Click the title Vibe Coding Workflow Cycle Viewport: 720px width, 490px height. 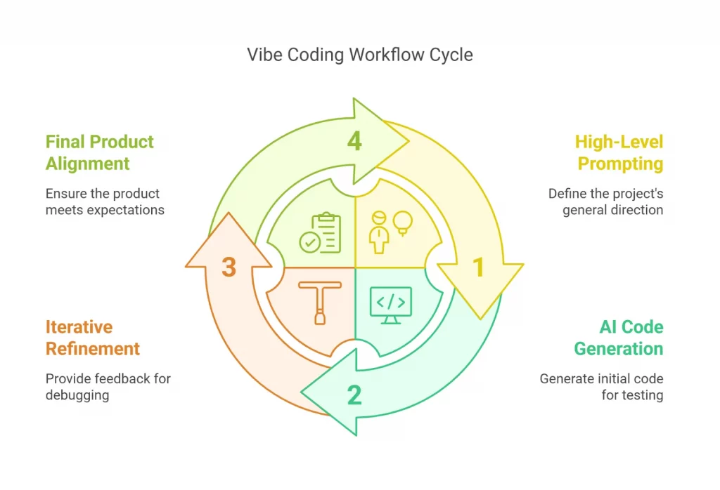pos(359,55)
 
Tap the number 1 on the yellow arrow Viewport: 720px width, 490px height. pos(478,267)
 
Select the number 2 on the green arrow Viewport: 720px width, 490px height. pos(354,395)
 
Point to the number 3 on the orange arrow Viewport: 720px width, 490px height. pos(229,267)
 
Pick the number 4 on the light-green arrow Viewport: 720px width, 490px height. pos(354,141)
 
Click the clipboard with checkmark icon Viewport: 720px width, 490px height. pos(321,233)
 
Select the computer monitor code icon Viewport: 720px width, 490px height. pos(390,303)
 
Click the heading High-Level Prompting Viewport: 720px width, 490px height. pos(619,152)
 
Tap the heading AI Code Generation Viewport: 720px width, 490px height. pos(619,338)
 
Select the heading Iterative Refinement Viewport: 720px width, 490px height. pos(92,338)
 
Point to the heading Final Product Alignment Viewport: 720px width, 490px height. pos(99,152)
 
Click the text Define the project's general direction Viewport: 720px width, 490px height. pos(605,201)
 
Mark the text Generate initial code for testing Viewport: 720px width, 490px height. pos(601,387)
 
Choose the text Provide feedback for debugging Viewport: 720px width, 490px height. pos(108,387)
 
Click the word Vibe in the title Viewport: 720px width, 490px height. pos(264,55)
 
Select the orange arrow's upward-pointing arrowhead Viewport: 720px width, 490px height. pos(229,239)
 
